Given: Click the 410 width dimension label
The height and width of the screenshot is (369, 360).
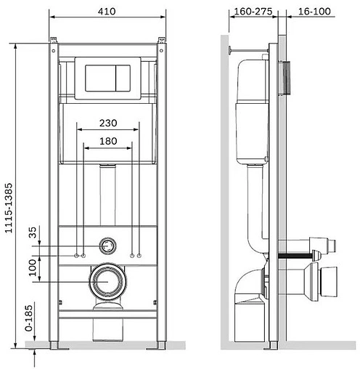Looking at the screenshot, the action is pyautogui.click(x=107, y=12).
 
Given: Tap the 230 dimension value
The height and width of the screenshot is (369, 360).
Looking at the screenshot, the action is pyautogui.click(x=108, y=123).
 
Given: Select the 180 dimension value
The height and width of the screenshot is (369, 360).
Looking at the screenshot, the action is pyautogui.click(x=108, y=141).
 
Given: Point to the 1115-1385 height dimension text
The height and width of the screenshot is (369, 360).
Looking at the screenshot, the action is pyautogui.click(x=9, y=208).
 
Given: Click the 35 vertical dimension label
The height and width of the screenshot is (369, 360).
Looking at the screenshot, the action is pyautogui.click(x=33, y=232).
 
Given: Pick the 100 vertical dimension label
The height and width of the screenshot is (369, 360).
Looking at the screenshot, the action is pyautogui.click(x=33, y=267).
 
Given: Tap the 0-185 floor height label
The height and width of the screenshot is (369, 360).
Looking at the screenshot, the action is pyautogui.click(x=29, y=318).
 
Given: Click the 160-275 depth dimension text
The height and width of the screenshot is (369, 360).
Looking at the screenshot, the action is pyautogui.click(x=253, y=12).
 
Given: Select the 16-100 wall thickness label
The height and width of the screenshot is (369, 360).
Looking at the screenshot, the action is pyautogui.click(x=314, y=12).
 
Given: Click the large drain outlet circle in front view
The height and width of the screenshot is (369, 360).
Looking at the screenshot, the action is pyautogui.click(x=107, y=281).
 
